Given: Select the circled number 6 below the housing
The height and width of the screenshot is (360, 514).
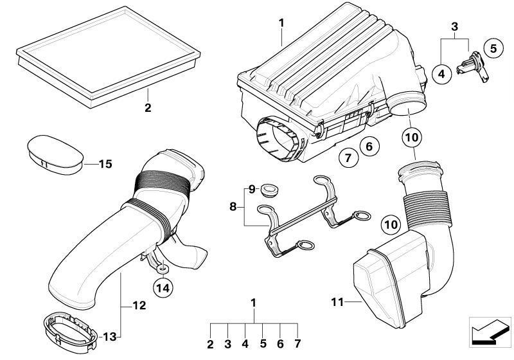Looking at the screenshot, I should (369, 147).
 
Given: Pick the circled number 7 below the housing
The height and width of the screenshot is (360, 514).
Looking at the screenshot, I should (347, 157).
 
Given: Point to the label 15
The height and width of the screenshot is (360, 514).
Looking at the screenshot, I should (105, 165).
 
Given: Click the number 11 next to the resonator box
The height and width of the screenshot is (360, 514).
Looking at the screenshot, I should (338, 301).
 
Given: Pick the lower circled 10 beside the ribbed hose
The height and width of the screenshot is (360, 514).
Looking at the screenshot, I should (391, 224).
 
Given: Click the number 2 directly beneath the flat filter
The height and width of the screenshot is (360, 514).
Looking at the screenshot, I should (147, 108).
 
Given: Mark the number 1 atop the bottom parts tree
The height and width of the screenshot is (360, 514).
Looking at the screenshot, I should (253, 301).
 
